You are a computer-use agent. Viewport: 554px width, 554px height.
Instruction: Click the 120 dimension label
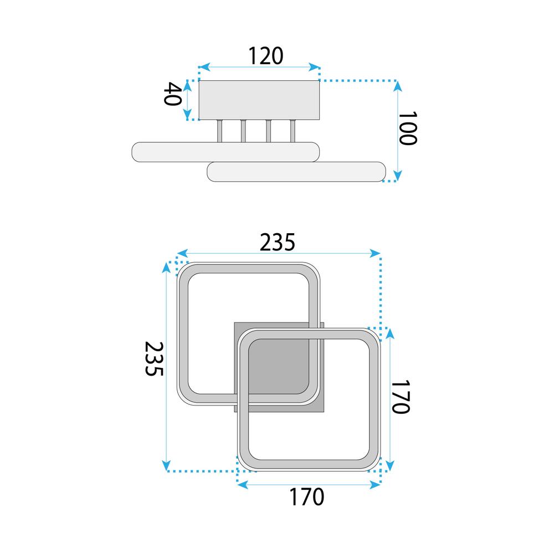265,55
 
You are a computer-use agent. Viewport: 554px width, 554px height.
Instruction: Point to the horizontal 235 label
278,242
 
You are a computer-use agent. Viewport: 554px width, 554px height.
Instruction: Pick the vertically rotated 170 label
401,397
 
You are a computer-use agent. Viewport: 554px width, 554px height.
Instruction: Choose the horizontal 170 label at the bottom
306,497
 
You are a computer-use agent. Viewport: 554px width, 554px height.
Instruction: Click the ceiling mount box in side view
259,100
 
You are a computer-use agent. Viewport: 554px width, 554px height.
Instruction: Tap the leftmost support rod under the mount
220,131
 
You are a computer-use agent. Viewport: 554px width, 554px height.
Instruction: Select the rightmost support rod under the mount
293,131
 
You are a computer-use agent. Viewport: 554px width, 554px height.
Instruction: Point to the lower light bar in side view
296,172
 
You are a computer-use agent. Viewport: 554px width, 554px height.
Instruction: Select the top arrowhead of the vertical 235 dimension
167,266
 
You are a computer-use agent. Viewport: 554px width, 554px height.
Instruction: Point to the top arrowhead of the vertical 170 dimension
390,333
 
